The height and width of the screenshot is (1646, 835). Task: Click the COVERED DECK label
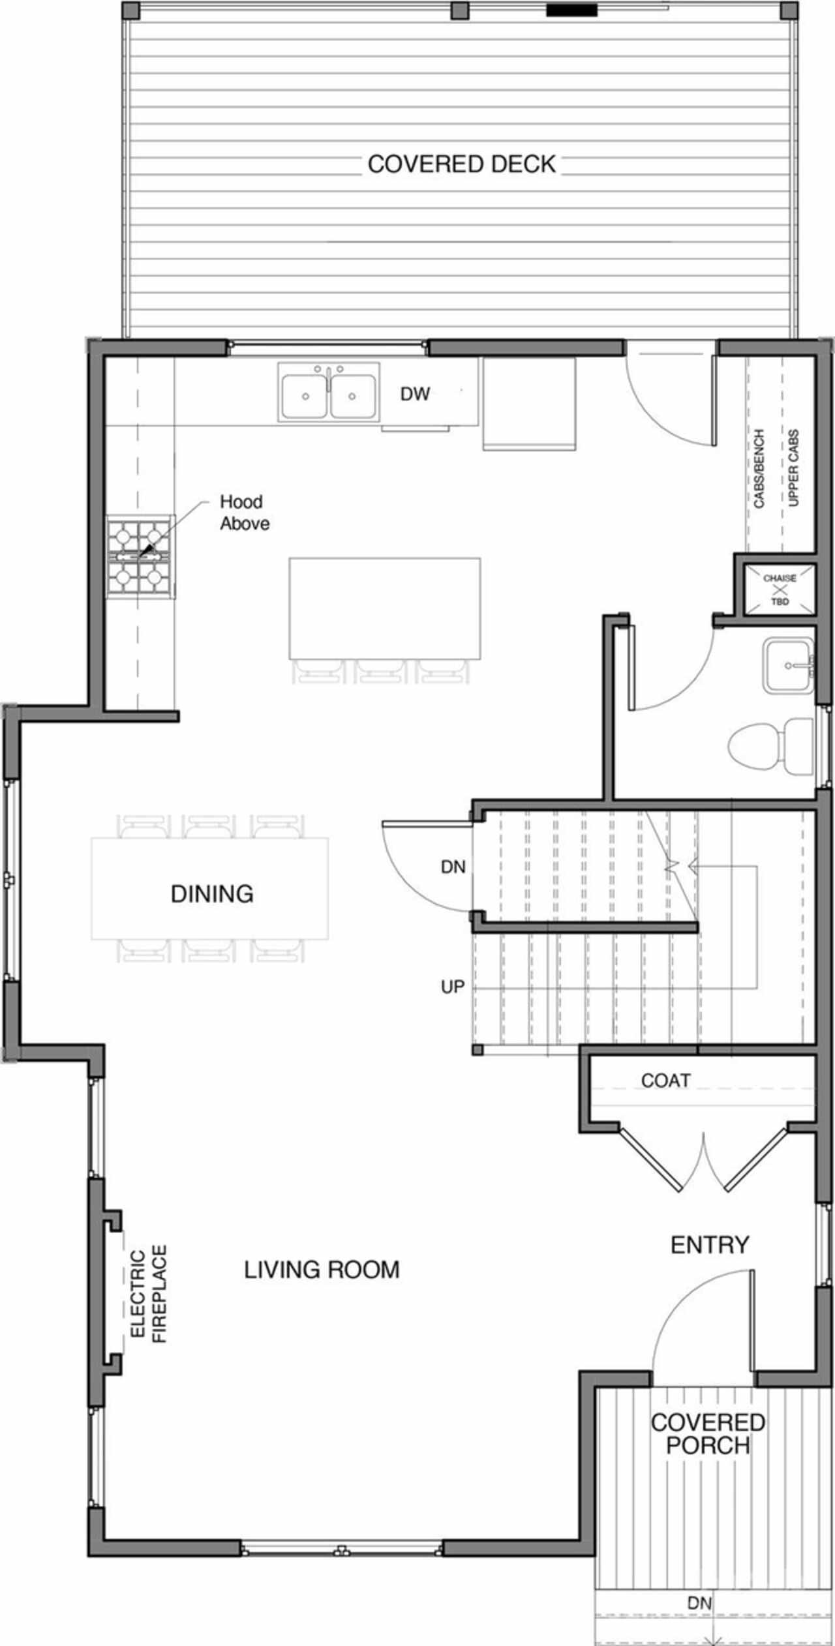(462, 164)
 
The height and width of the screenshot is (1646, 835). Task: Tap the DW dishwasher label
(416, 394)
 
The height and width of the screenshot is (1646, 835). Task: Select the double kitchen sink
(329, 391)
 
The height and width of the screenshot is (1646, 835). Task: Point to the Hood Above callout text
(245, 513)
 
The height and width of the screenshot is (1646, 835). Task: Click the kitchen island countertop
(385, 608)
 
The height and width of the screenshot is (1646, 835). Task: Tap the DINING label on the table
(212, 893)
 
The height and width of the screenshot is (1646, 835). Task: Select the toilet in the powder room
(770, 747)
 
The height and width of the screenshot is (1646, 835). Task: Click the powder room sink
(789, 665)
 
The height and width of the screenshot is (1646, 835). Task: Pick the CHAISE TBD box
(780, 590)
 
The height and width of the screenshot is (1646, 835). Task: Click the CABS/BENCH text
(759, 468)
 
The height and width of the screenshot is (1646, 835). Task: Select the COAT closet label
(665, 1081)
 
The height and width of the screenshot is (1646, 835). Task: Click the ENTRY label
(710, 1245)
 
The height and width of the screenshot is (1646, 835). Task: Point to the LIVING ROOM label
(322, 1270)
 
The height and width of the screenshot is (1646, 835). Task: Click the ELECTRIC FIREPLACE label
(149, 1294)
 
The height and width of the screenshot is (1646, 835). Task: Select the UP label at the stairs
(453, 987)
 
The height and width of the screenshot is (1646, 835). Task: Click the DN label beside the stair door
(453, 867)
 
